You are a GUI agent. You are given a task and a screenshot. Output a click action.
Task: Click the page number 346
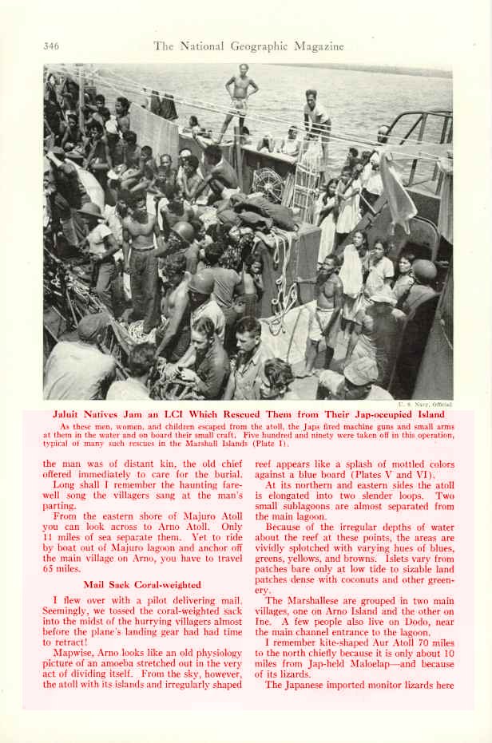(x=51, y=46)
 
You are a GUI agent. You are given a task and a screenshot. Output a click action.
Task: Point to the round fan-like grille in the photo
(x=269, y=184)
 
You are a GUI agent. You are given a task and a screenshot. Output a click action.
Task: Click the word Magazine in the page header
(x=315, y=46)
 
